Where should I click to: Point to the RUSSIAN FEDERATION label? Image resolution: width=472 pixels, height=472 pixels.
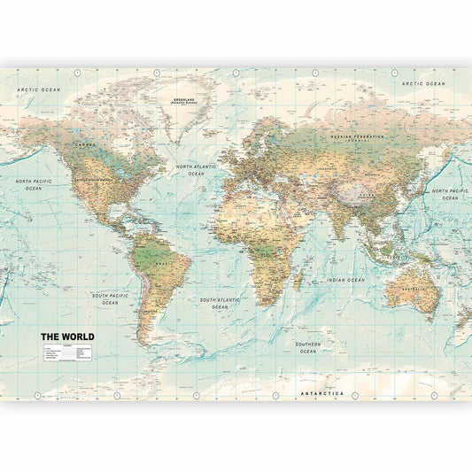[357, 137]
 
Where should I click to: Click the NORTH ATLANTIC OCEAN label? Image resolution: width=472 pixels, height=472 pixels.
[196, 170]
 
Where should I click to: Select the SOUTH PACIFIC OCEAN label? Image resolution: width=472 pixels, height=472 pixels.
[110, 298]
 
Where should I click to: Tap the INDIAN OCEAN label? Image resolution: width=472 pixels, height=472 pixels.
[345, 280]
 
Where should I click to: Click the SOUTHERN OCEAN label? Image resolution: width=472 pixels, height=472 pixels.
[307, 347]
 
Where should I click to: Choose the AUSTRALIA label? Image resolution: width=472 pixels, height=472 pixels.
[413, 288]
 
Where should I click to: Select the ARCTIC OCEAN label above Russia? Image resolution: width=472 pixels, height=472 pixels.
[423, 83]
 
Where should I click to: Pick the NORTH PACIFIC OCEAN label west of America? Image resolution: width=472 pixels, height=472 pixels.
[33, 184]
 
